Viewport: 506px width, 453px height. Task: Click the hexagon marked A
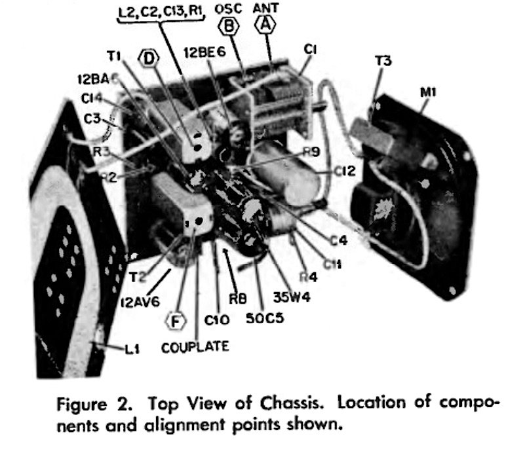[265, 24]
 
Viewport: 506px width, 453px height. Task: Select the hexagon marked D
[151, 58]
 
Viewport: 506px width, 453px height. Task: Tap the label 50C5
[261, 321]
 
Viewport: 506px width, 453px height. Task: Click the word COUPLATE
[195, 347]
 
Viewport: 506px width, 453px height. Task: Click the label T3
[383, 62]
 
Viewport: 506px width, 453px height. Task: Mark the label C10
[215, 321]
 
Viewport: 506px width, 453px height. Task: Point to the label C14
[92, 99]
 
